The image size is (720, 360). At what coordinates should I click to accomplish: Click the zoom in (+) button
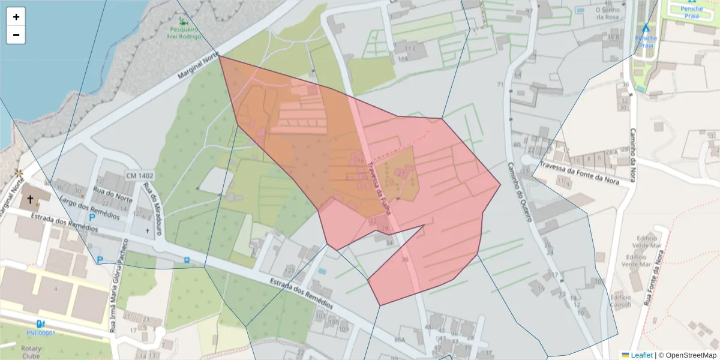pos(16,17)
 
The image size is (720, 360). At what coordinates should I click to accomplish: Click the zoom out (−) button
pos(16,35)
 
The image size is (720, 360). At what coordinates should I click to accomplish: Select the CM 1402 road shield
pos(140,176)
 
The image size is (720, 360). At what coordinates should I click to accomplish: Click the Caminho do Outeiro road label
pos(520,192)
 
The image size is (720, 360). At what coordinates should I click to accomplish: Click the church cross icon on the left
pos(29,200)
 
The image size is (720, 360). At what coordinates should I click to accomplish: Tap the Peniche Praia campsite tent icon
pos(646,28)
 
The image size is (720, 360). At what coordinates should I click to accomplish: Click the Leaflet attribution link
pos(641,355)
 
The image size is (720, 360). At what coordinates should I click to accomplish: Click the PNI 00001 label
pos(41,333)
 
